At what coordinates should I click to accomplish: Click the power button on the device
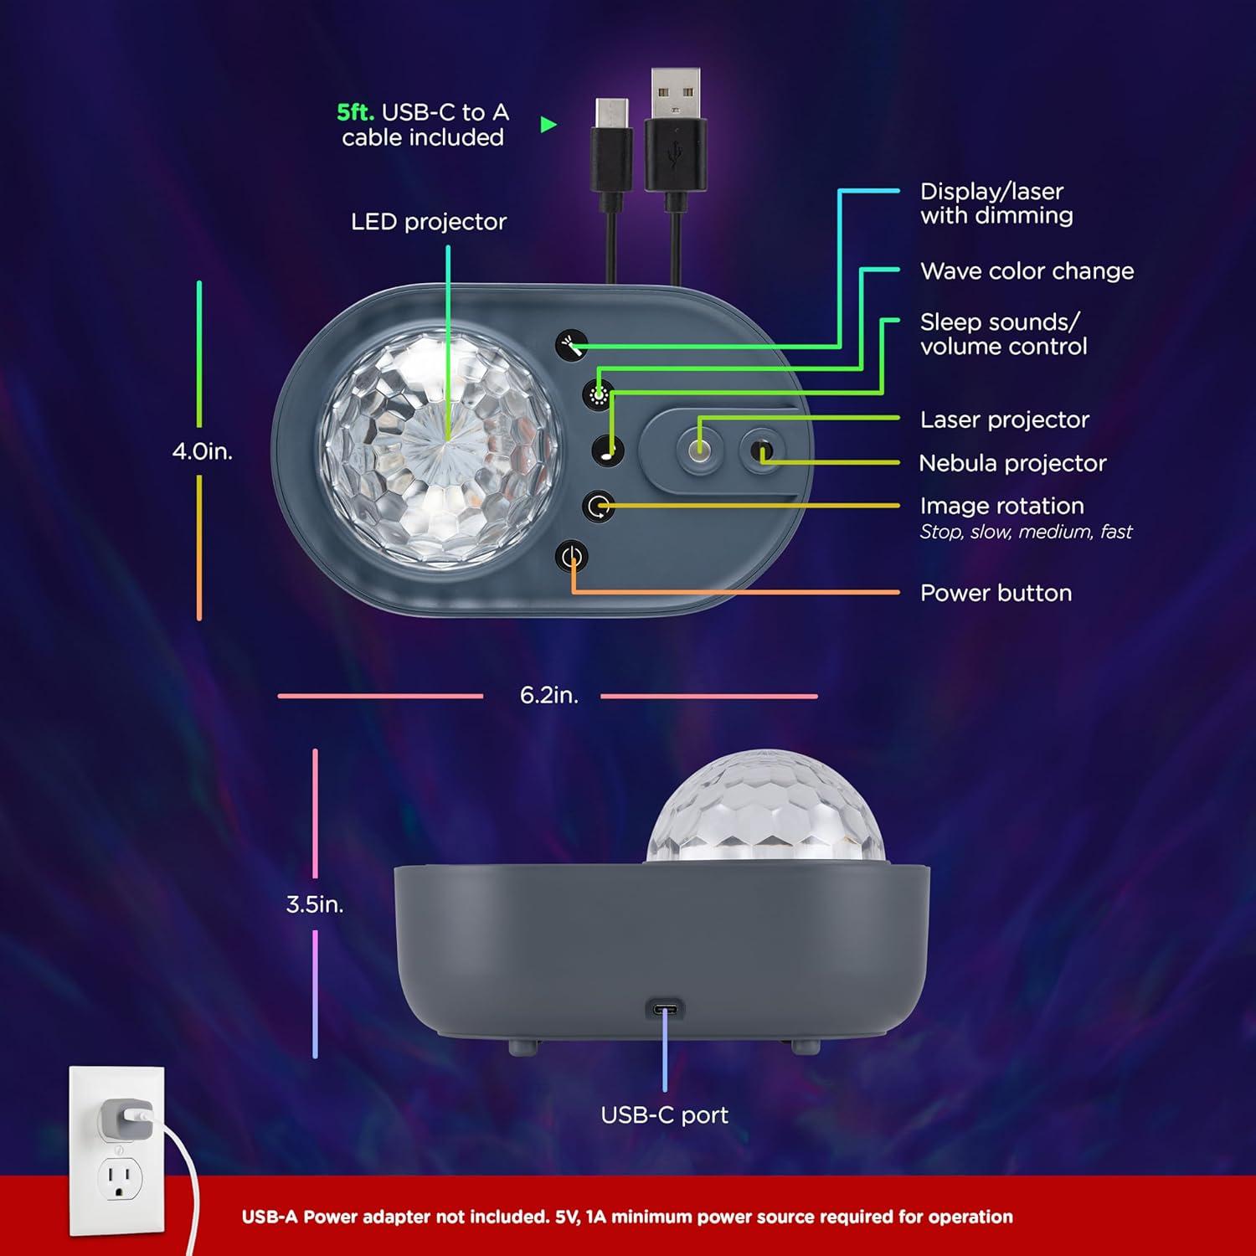pos(572,557)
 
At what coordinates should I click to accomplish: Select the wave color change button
pos(598,394)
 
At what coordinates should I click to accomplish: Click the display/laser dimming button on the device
pos(571,344)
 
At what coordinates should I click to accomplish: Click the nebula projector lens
pos(761,451)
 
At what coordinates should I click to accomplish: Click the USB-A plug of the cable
pos(675,95)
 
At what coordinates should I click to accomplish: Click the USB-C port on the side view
pos(665,1009)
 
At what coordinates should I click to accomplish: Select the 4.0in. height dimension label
pos(202,451)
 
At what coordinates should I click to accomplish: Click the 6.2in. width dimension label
pos(548,695)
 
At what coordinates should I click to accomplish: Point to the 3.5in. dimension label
pos(315,904)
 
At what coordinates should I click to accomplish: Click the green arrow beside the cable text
pos(548,125)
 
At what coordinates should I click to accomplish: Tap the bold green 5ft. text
pos(355,112)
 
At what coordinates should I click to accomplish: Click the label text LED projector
pos(428,222)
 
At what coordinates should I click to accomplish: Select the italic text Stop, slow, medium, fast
pos(1026,532)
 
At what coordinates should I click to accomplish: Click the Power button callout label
pos(996,593)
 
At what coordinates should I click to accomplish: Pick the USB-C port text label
pos(664,1114)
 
